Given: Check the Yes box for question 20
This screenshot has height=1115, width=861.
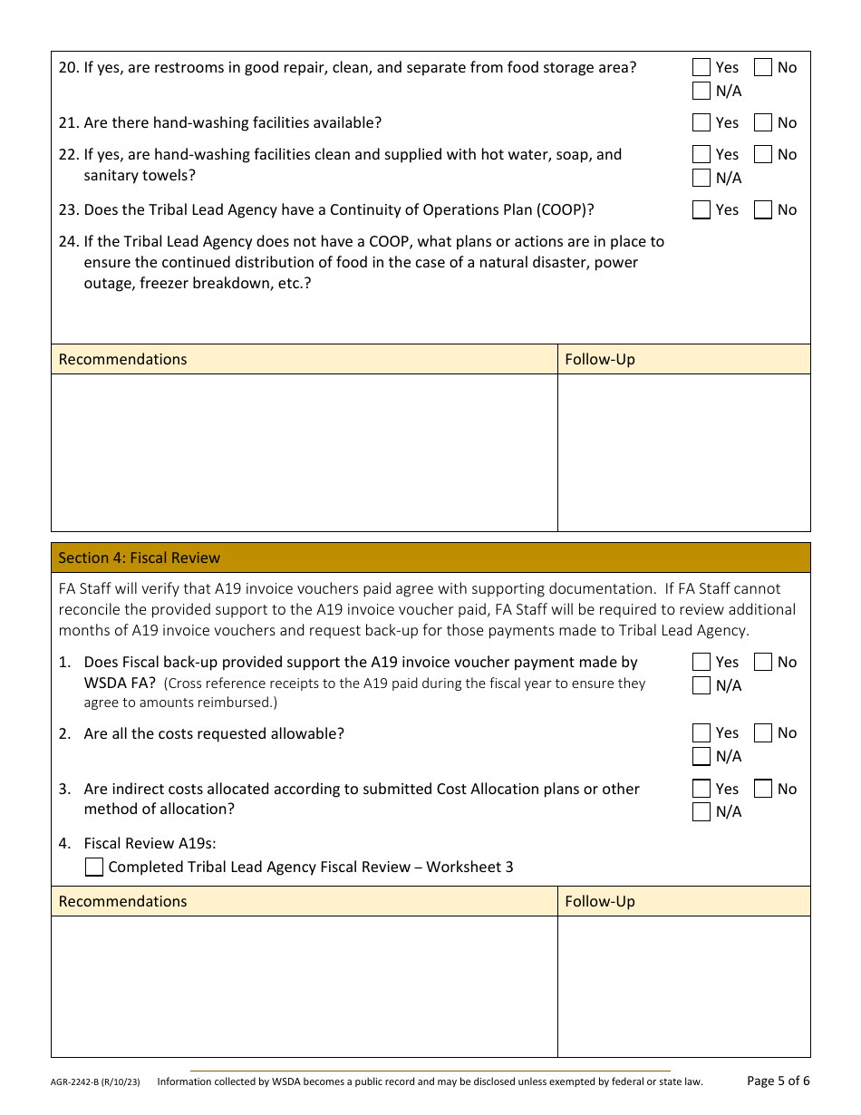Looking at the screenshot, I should coord(701,67).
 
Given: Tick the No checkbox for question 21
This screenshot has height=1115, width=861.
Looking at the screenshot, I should coord(763,122).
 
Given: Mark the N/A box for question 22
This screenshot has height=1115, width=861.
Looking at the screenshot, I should coord(701,178).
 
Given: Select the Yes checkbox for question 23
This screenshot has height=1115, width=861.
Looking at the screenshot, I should coord(701,210).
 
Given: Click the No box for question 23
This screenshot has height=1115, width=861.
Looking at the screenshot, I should coord(763,210).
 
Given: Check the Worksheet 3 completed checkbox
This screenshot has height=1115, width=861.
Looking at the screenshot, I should coord(94,868).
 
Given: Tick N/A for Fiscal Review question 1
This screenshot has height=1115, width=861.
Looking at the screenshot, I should coord(701,685).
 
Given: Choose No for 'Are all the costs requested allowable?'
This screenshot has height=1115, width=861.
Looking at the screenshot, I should coord(763,733).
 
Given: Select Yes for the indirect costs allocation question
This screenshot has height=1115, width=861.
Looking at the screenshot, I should coord(701,789).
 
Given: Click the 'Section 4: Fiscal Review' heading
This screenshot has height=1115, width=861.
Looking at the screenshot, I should coord(140,557).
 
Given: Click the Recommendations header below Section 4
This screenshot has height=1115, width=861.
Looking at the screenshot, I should coord(122,901).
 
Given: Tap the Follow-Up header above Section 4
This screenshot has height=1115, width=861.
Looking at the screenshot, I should coord(600,359).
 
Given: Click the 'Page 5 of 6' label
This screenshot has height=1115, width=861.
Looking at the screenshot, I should coord(779,1081).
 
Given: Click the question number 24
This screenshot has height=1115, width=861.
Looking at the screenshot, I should coord(68,242).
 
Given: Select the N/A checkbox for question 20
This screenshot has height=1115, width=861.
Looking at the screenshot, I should coord(701,91).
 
